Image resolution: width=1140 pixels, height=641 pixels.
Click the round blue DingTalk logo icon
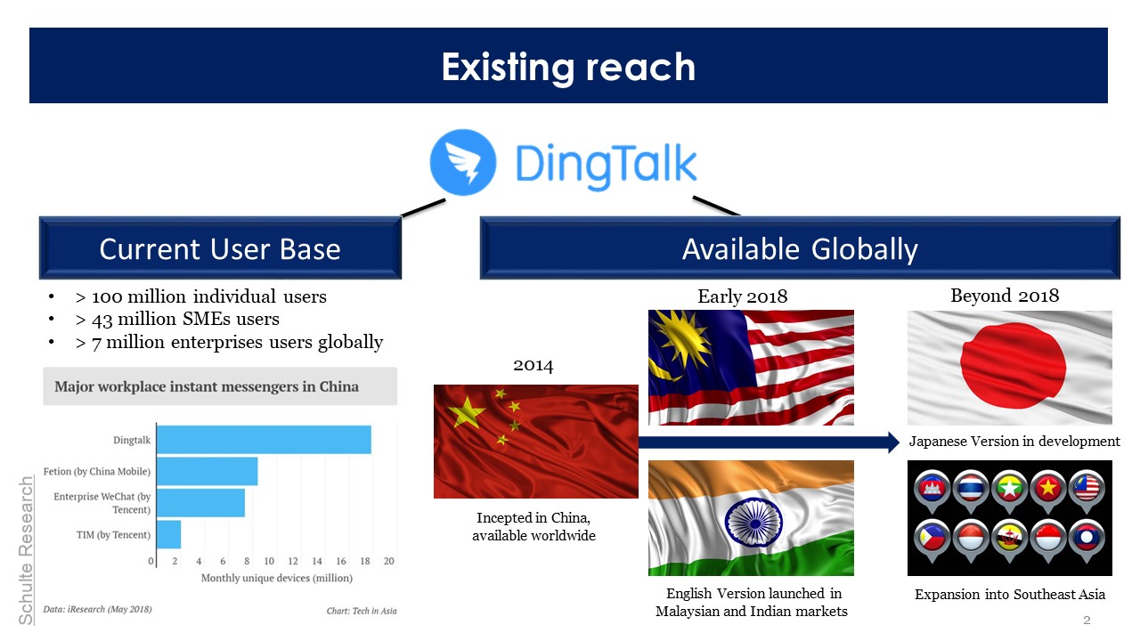point(462,162)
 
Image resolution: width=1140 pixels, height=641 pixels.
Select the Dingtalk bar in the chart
point(264,440)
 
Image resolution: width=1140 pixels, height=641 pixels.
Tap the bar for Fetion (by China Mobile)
point(208,471)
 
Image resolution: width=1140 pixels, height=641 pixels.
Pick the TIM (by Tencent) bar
point(169,534)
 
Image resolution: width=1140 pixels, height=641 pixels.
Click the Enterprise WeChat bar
point(200,503)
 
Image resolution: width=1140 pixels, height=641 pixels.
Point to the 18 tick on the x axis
point(365,561)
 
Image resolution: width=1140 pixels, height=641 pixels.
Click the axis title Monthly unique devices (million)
point(277,578)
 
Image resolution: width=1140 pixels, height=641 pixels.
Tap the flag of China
point(536,441)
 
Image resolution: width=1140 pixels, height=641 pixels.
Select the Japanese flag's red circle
point(1013,365)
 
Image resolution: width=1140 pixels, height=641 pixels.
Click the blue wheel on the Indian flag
point(754,523)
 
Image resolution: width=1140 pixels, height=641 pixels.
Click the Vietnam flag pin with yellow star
point(1048,491)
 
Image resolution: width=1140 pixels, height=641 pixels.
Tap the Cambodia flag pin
point(932,491)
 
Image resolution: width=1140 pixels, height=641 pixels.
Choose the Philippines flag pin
point(932,540)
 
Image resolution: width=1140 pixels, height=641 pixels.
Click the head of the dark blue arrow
point(893,442)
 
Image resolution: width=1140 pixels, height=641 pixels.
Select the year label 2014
point(533,365)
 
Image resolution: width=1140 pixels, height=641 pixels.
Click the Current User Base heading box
point(220,248)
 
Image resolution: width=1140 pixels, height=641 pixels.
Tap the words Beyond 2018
point(1005,296)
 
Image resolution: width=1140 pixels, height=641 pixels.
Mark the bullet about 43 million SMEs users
point(177,319)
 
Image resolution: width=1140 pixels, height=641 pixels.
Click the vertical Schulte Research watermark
point(26,550)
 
